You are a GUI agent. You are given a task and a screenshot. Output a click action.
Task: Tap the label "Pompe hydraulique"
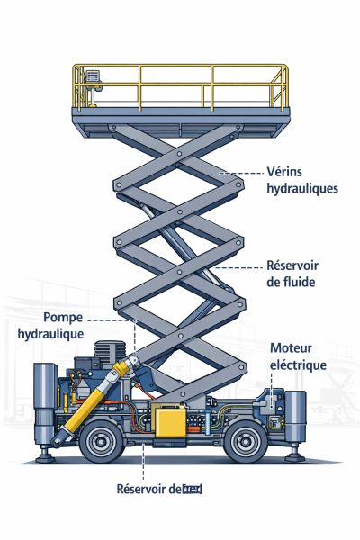(64, 326)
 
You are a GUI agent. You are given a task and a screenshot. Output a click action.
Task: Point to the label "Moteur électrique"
(298, 357)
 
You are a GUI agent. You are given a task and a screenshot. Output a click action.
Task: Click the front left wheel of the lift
(102, 442)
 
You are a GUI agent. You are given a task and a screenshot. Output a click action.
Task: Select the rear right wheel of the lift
(247, 442)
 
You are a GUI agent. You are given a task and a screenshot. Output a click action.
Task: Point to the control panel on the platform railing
(93, 83)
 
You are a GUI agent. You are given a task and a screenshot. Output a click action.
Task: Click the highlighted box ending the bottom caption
(191, 490)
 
